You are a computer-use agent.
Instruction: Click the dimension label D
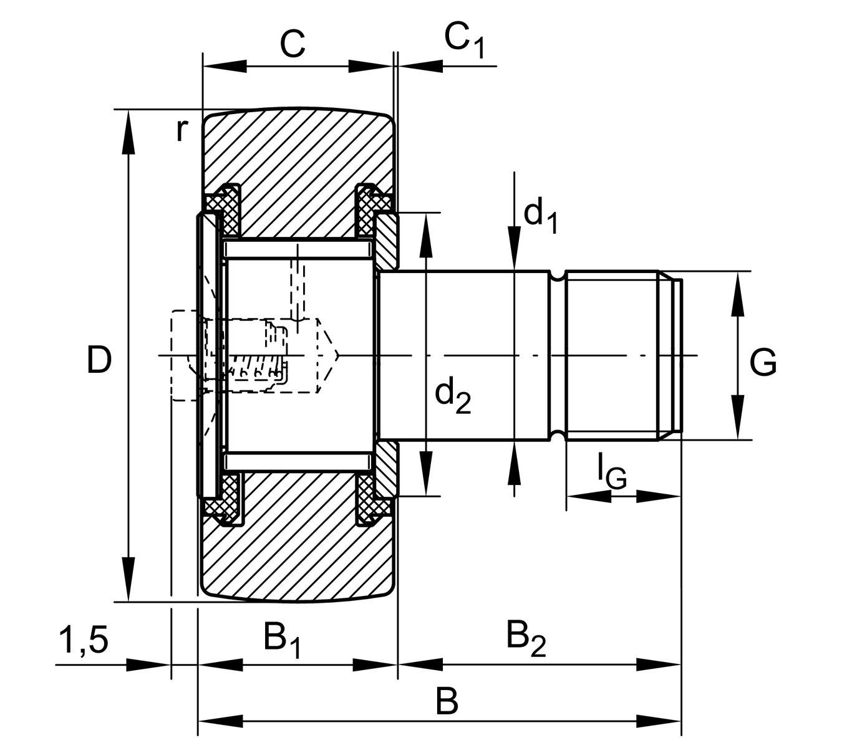click(x=99, y=360)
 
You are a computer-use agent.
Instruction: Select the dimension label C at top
click(x=292, y=44)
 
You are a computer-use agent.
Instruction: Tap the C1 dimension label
click(x=463, y=40)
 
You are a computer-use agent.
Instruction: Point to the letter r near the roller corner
click(x=181, y=130)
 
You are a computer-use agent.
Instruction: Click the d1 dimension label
click(x=540, y=215)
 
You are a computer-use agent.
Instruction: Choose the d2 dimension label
click(x=453, y=396)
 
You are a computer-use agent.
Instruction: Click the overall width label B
click(x=447, y=702)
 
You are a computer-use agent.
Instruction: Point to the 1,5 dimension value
click(x=84, y=640)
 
